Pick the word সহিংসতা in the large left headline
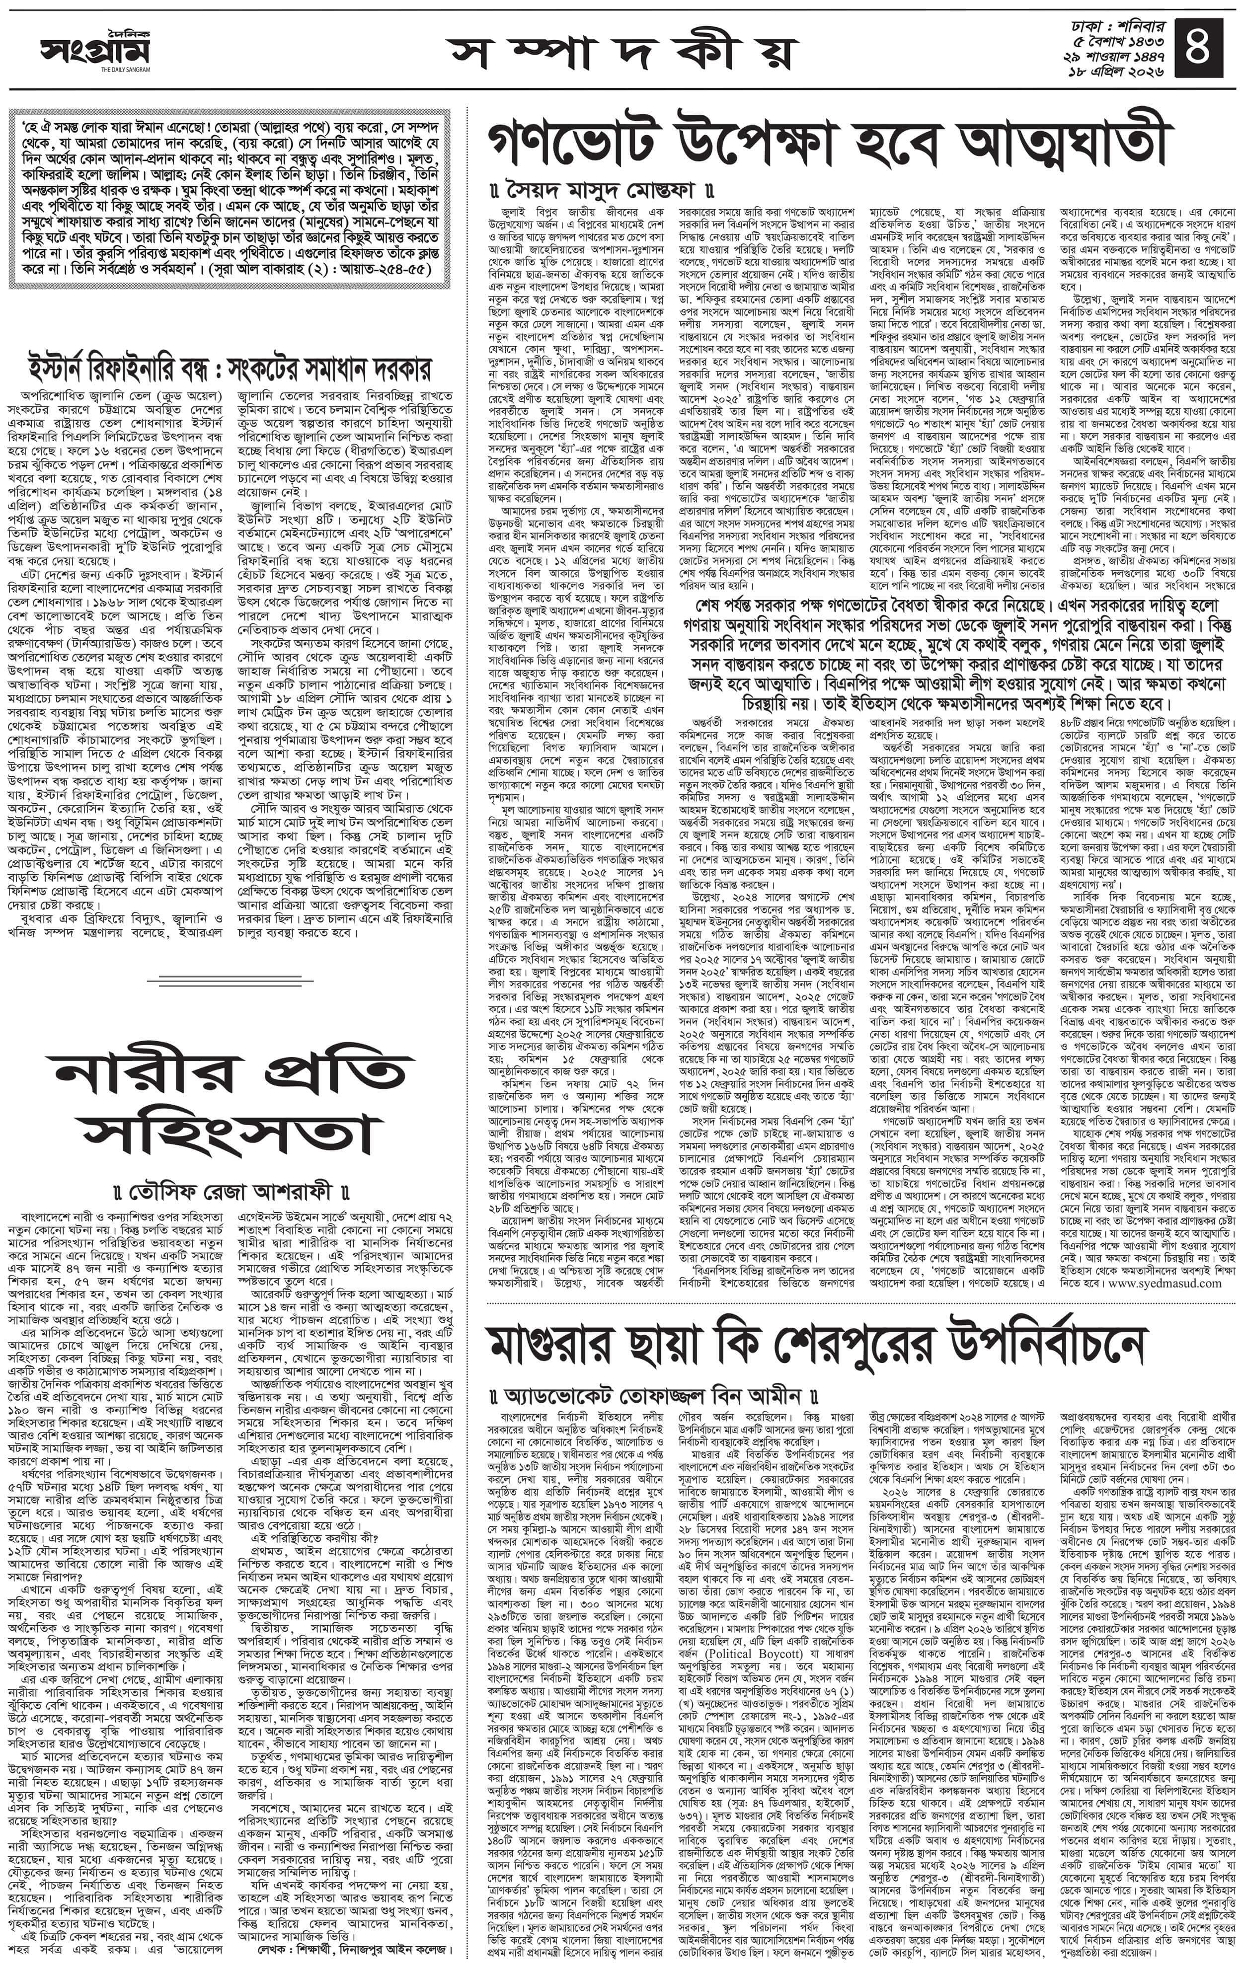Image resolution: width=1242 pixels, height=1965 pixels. pos(230,1136)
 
